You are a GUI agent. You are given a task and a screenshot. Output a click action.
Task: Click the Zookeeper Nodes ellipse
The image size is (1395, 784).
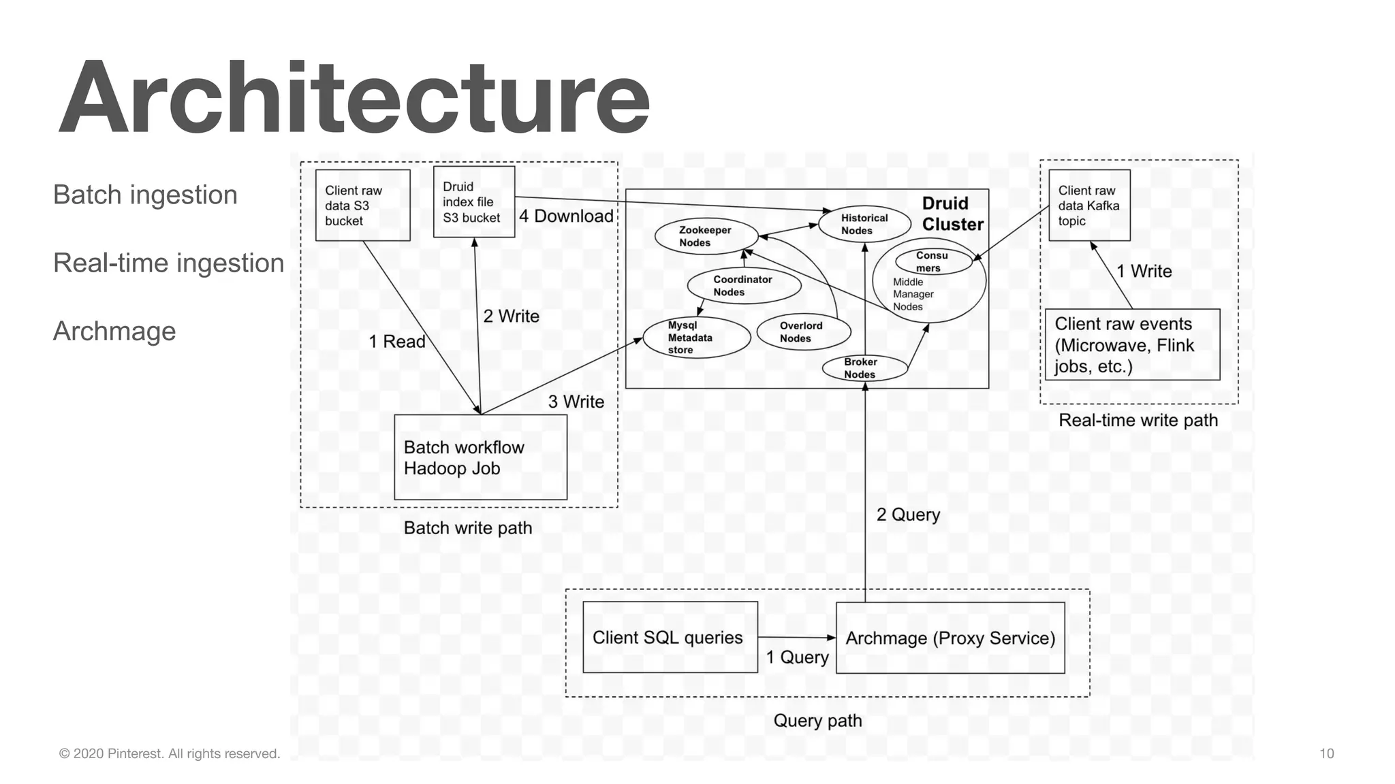coord(706,236)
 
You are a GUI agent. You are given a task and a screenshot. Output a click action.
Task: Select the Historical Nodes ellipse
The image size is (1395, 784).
coord(864,224)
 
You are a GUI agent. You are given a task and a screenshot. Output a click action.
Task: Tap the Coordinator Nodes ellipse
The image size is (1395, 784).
coord(743,286)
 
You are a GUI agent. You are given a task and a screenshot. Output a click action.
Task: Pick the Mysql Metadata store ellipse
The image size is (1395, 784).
coord(696,338)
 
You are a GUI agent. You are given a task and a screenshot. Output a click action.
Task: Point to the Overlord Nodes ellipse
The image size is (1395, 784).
coord(803,332)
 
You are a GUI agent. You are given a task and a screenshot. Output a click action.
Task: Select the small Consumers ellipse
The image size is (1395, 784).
coord(932,261)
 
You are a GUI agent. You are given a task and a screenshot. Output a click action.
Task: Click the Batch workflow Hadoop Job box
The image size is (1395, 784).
coord(480,457)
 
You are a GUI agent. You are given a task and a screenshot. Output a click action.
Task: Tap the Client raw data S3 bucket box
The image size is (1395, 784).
coord(362,206)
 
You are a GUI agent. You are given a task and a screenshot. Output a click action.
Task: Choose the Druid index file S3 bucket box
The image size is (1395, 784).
coord(473,202)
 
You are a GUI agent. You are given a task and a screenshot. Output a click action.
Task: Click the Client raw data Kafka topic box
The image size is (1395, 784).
coord(1088,206)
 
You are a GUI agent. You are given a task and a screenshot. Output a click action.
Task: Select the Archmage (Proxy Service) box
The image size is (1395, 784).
coord(950,638)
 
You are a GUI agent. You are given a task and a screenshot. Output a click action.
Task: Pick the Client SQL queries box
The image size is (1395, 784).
coord(670,637)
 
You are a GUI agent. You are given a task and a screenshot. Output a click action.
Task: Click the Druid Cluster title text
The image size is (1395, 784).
coord(952,214)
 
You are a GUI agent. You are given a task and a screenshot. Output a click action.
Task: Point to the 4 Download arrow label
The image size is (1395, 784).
coord(566,216)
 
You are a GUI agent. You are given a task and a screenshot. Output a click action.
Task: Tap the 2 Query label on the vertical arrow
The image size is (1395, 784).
coord(907,514)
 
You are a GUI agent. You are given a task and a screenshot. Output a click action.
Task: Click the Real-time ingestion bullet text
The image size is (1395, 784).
coord(168,263)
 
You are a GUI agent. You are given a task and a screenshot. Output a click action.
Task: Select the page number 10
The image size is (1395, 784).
coord(1326,753)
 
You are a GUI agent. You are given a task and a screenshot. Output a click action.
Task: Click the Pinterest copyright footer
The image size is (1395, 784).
coord(170,753)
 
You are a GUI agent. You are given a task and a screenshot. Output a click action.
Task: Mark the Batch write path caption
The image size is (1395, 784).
coord(467,527)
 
